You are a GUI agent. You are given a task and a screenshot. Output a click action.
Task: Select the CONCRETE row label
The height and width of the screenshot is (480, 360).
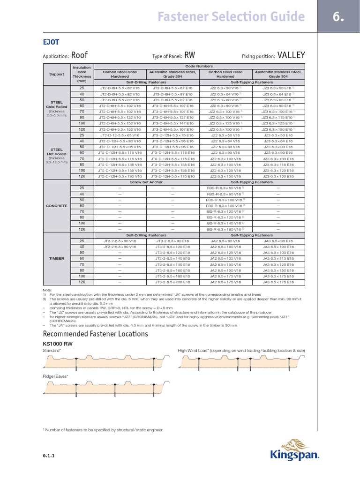pyautogui.click(x=56, y=206)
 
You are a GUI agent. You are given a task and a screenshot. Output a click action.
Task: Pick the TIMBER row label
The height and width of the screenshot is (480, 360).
pyautogui.click(x=56, y=258)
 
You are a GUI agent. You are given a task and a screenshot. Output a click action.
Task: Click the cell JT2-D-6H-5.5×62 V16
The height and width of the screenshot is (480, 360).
pyautogui.click(x=120, y=88)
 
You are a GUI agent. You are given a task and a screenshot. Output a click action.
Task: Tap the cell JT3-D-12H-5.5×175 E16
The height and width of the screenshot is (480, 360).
pyautogui.click(x=173, y=176)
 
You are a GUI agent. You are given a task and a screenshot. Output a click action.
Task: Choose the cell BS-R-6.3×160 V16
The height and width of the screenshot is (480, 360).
pyautogui.click(x=225, y=229)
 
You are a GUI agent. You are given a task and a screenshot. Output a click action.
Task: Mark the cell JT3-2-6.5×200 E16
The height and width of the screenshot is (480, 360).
pyautogui.click(x=173, y=283)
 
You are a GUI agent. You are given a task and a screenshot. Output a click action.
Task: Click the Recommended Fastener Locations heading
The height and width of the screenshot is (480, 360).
pyautogui.click(x=95, y=334)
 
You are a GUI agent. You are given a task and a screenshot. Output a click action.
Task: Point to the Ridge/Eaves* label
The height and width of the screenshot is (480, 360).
pyautogui.click(x=55, y=376)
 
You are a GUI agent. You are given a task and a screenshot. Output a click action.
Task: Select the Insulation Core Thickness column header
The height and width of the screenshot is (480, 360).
pyautogui.click(x=82, y=74)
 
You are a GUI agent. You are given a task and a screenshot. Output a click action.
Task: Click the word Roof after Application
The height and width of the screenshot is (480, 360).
pyautogui.click(x=80, y=55)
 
